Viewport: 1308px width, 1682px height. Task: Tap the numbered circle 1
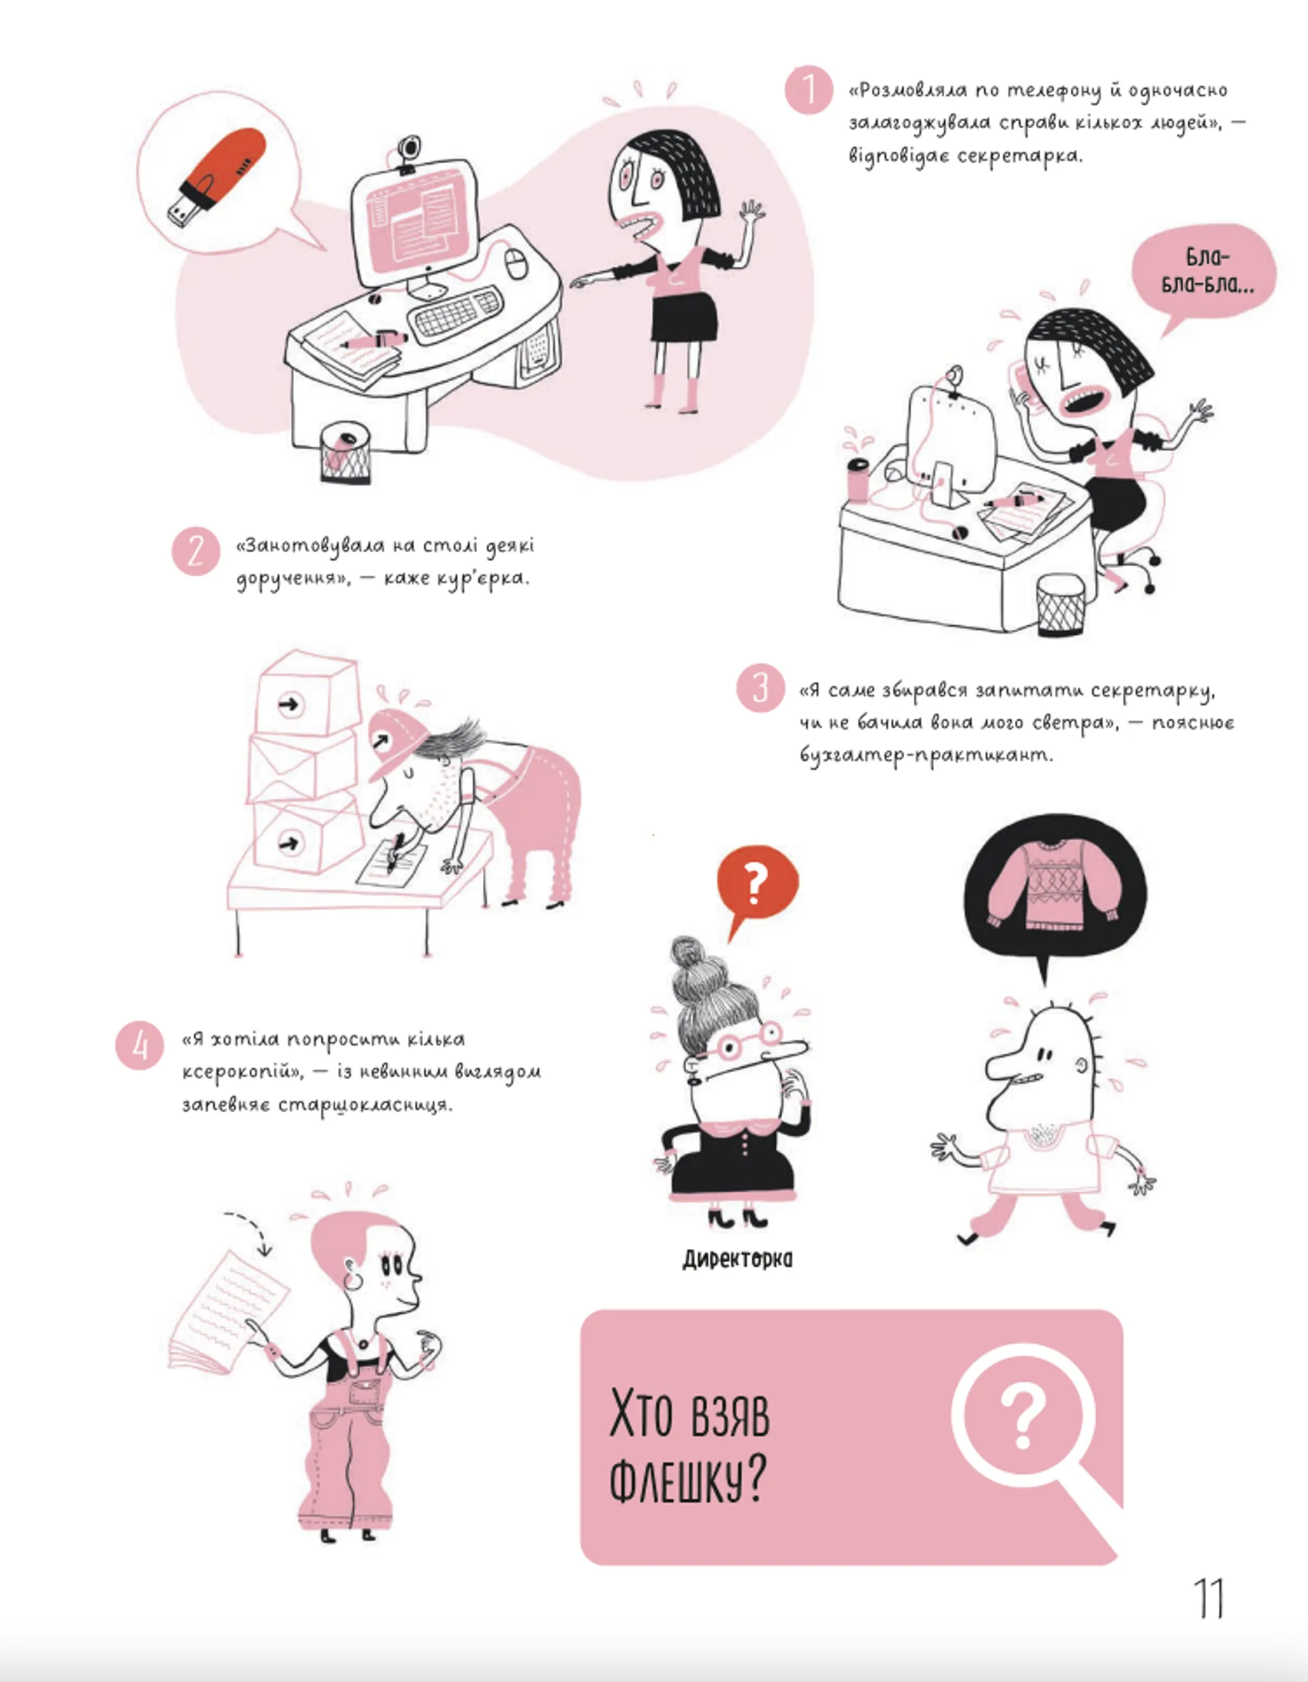click(809, 90)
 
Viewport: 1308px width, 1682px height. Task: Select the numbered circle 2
click(196, 551)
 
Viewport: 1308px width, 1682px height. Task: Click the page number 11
click(1208, 1599)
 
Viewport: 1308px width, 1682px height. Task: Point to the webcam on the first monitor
click(409, 151)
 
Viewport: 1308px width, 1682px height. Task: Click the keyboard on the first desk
click(456, 311)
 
